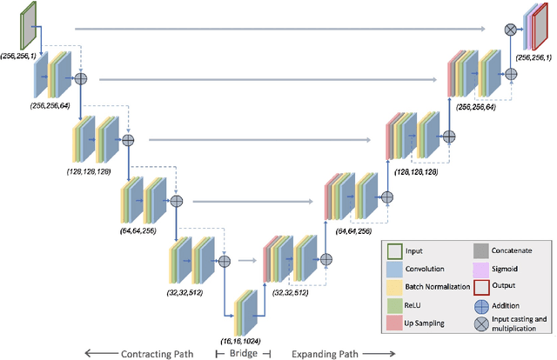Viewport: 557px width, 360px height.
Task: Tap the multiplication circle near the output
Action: coord(511,30)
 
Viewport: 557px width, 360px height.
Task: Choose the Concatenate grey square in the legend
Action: coord(480,250)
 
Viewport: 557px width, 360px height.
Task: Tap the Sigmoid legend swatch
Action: coord(480,268)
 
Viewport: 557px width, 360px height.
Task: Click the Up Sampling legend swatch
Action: coord(392,323)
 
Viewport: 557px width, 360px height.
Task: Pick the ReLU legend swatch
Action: coord(392,305)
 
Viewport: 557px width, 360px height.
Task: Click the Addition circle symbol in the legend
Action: coord(480,305)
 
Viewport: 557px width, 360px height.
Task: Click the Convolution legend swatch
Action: coord(392,268)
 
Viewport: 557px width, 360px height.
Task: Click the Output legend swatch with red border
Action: coord(480,286)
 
